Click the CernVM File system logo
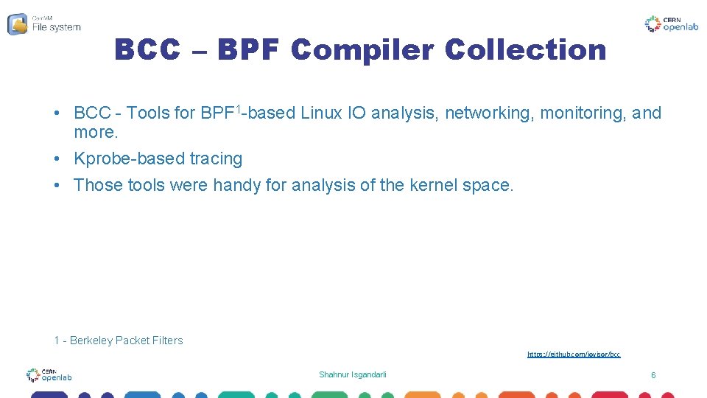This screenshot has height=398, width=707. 44,24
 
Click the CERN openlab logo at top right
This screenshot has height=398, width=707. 672,24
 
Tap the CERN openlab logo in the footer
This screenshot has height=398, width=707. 49,375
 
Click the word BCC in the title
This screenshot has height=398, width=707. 147,50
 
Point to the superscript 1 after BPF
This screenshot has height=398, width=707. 239,109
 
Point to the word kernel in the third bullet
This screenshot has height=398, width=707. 431,184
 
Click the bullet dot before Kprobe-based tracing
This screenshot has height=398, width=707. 57,158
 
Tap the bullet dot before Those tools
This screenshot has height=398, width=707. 57,184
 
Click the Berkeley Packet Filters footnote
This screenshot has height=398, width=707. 119,341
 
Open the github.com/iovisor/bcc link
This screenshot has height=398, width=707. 574,355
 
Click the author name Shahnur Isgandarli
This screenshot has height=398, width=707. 352,375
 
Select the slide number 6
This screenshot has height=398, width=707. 653,375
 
